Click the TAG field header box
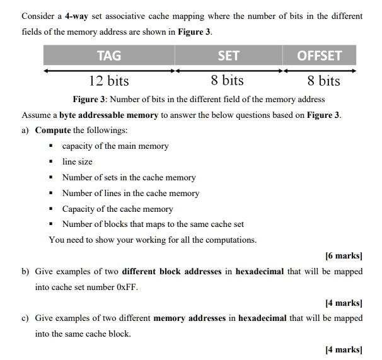click(x=109, y=55)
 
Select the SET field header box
click(x=228, y=55)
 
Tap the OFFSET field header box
click(x=319, y=55)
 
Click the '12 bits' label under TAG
click(x=108, y=81)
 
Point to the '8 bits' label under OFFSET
click(x=323, y=81)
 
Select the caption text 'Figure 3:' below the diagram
click(x=93, y=99)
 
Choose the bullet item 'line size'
click(x=77, y=162)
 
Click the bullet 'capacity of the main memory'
click(x=115, y=146)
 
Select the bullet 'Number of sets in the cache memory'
click(x=129, y=178)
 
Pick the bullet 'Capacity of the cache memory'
click(x=117, y=209)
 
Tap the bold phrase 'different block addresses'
click(x=171, y=271)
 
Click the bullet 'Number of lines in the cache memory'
click(x=130, y=194)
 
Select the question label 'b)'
click(x=26, y=271)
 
